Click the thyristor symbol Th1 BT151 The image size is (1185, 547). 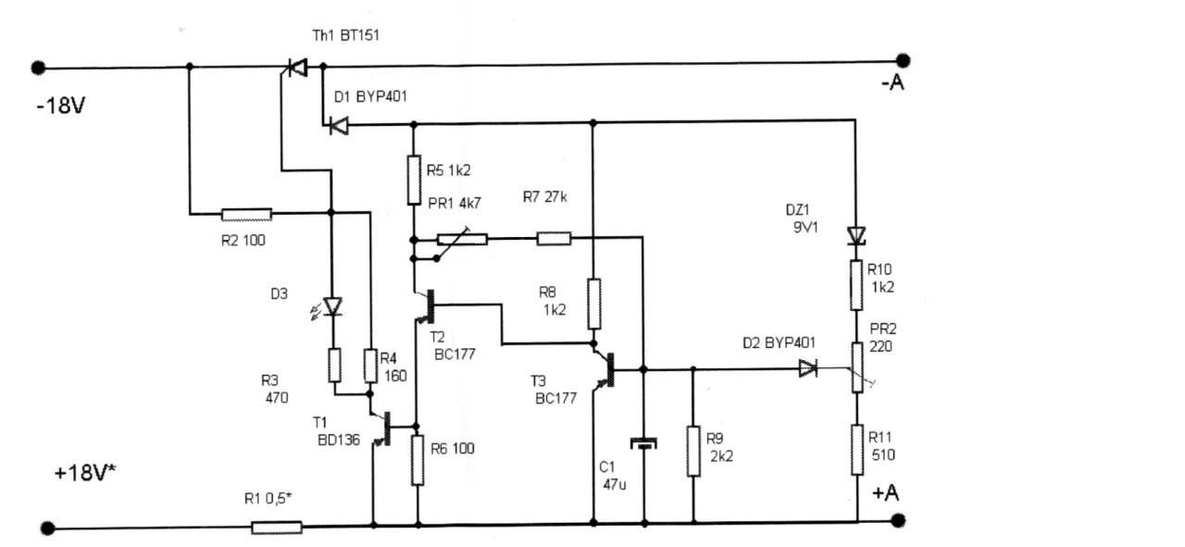[x=297, y=68]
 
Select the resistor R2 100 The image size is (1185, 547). [x=247, y=215]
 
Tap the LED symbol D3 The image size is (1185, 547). [x=332, y=306]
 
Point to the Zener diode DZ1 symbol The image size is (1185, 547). [x=857, y=237]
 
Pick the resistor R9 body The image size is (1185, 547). [x=693, y=451]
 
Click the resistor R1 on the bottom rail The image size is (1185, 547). [x=277, y=528]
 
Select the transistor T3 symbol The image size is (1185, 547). [x=607, y=367]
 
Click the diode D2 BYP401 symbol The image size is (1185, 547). [x=808, y=368]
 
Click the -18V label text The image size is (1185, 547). [x=61, y=106]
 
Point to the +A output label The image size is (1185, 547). [x=886, y=494]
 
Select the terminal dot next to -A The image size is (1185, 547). [x=904, y=60]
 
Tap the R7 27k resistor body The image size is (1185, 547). [x=555, y=239]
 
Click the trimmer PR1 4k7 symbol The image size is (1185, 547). [x=462, y=239]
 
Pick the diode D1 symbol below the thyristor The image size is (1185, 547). [x=338, y=125]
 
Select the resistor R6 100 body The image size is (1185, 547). [x=418, y=460]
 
